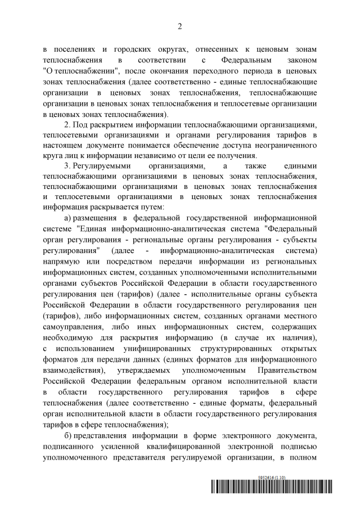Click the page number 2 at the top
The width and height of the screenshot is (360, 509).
180,26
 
